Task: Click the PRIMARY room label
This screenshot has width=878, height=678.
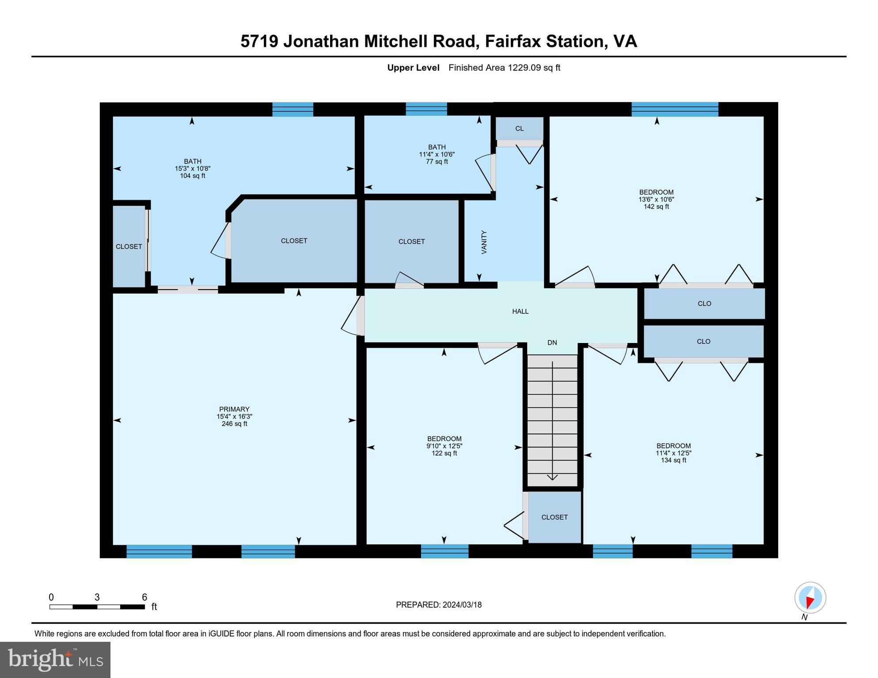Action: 234,409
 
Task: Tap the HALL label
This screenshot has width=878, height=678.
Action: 520,312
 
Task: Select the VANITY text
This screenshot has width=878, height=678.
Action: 484,242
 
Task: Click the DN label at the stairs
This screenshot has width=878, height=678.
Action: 552,343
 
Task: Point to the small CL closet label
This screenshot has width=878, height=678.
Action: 519,128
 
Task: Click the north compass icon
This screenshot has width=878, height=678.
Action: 810,598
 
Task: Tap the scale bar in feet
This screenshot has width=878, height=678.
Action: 97,607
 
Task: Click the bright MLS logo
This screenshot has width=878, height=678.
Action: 55,660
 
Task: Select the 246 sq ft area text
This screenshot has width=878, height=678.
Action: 234,424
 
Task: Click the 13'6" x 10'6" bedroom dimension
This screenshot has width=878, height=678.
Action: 656,200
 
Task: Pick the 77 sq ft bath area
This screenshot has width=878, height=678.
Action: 437,162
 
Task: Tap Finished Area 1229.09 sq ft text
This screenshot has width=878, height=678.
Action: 504,68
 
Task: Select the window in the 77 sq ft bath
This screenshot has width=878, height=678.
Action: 426,109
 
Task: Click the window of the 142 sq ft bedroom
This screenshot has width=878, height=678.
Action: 675,109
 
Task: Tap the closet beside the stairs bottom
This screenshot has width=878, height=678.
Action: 554,517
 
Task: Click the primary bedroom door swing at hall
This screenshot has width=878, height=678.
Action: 352,316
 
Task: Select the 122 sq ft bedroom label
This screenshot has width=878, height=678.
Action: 444,439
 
